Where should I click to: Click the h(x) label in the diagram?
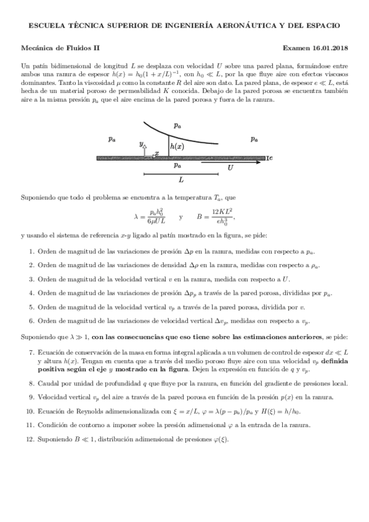(x=177, y=147)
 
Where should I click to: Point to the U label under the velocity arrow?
(x=230, y=167)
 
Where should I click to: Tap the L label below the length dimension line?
(x=180, y=180)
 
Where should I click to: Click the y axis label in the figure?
(x=141, y=144)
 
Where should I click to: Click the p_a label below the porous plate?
(x=177, y=165)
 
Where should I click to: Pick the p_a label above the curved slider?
(x=177, y=126)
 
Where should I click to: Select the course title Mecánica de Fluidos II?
(x=60, y=47)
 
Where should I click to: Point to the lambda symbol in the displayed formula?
(x=137, y=217)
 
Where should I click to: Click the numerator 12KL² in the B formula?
(x=224, y=211)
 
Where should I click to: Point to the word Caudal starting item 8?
(x=48, y=383)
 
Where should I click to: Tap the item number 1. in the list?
(x=31, y=251)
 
